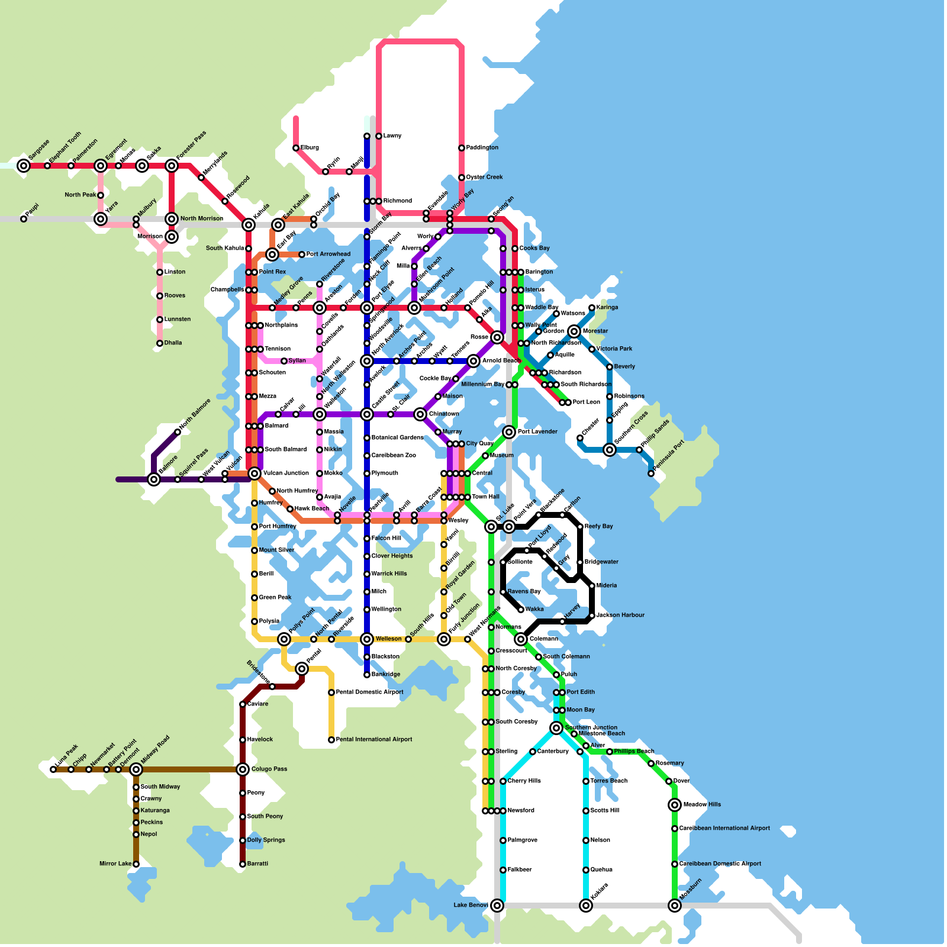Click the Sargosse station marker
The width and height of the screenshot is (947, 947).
tap(24, 166)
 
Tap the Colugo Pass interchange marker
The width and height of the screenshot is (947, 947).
tap(243, 769)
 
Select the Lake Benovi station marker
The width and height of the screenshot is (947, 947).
tap(497, 906)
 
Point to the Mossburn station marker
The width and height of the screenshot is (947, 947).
tap(675, 906)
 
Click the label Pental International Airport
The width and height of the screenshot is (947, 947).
tap(373, 740)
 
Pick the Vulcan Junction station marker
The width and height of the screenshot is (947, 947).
tap(255, 474)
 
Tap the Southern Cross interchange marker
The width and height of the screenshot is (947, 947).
tap(610, 450)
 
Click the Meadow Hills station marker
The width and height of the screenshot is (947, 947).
tap(675, 805)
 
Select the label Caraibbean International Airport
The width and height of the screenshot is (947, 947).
tap(724, 829)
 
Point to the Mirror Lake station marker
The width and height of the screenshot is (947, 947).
tap(136, 864)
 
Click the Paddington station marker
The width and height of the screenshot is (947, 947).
tap(462, 148)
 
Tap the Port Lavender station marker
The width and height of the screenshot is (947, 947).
tap(509, 432)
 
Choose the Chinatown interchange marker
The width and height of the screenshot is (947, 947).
tap(420, 414)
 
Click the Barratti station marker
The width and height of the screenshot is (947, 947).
tap(243, 864)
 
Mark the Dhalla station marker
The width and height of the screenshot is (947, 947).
tap(160, 343)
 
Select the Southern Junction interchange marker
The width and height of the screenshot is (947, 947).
tap(556, 728)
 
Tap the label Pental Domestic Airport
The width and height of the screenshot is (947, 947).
tap(369, 692)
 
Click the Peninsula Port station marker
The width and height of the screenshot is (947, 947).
tap(651, 474)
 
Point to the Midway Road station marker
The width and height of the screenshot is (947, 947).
tap(136, 769)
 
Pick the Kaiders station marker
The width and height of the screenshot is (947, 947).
tap(586, 906)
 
